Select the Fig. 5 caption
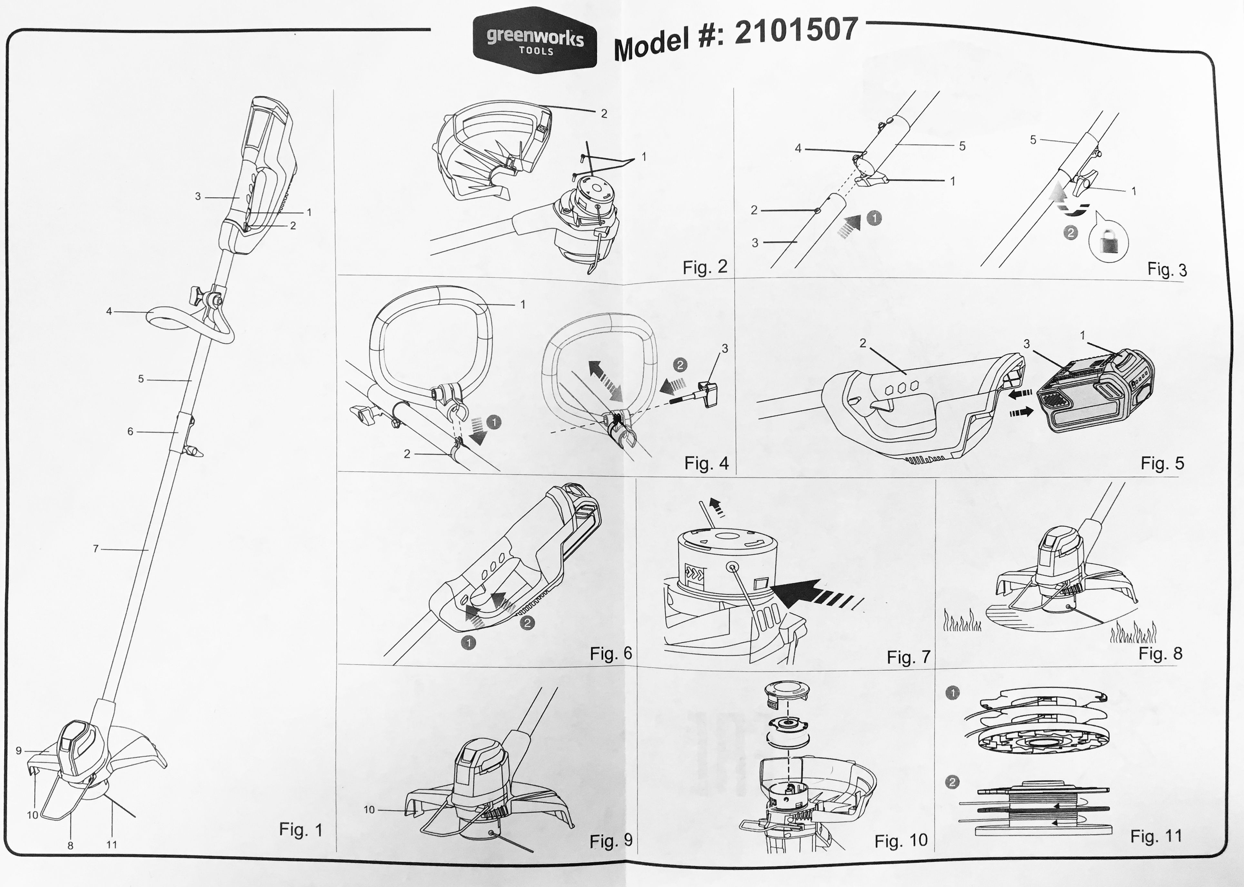(1162, 463)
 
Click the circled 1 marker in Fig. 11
(952, 693)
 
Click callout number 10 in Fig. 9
(369, 809)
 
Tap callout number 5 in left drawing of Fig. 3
(962, 146)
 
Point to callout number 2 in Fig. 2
(604, 113)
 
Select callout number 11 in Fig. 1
(112, 844)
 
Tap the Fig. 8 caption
(1160, 653)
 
